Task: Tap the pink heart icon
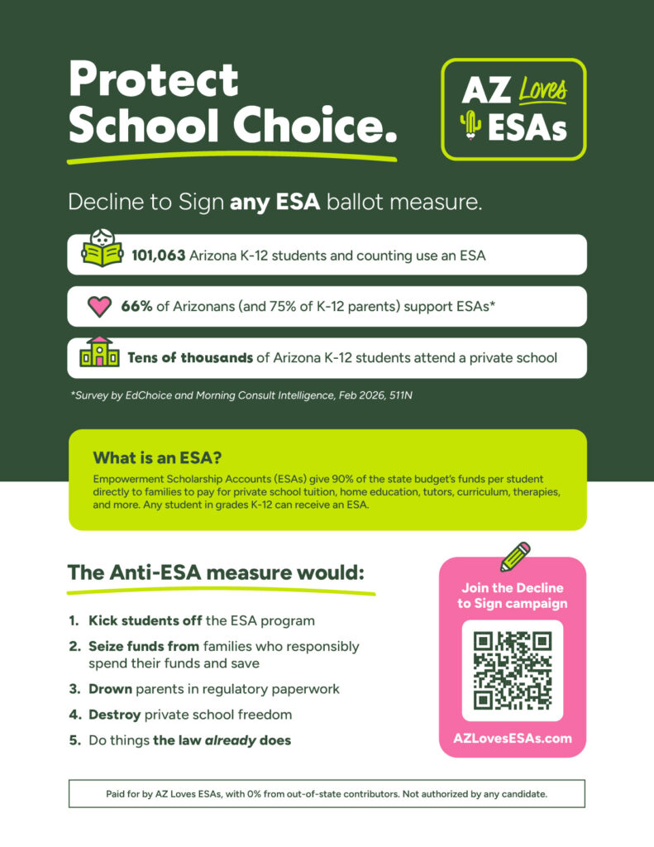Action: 99,307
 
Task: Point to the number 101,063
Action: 158,256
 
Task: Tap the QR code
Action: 512,670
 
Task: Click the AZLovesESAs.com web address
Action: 513,739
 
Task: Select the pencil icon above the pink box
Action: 515,556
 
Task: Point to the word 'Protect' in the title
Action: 154,80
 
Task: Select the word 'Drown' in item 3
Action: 110,689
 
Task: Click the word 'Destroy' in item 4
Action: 115,715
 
